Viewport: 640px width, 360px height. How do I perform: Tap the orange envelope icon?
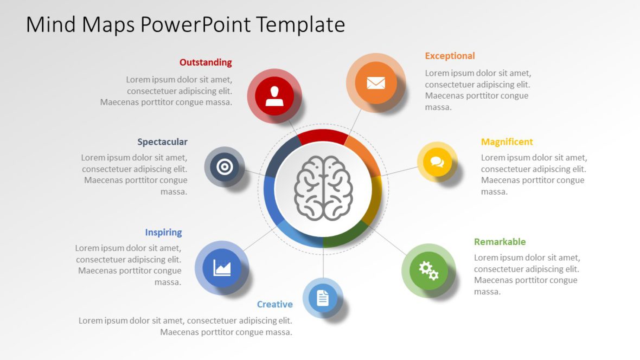tap(375, 83)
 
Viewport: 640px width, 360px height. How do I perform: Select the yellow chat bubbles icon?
tap(437, 162)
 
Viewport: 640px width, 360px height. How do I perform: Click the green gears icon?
tap(428, 270)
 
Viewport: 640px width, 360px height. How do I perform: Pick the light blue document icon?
tap(323, 298)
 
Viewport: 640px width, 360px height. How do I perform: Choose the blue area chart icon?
tap(222, 267)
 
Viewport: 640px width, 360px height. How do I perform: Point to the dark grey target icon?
tap(225, 167)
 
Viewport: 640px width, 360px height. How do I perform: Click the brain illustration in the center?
tap(323, 188)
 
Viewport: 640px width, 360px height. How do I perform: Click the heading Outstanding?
tap(206, 62)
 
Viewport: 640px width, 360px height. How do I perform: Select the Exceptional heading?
tap(450, 56)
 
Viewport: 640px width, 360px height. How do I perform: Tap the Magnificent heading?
tap(507, 142)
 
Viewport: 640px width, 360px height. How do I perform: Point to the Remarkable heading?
tap(500, 242)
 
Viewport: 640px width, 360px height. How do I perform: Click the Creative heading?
tap(274, 304)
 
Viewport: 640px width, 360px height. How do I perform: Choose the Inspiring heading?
tap(163, 233)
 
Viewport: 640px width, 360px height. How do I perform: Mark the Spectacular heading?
tap(162, 142)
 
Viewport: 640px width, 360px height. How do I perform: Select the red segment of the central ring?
tap(323, 136)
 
